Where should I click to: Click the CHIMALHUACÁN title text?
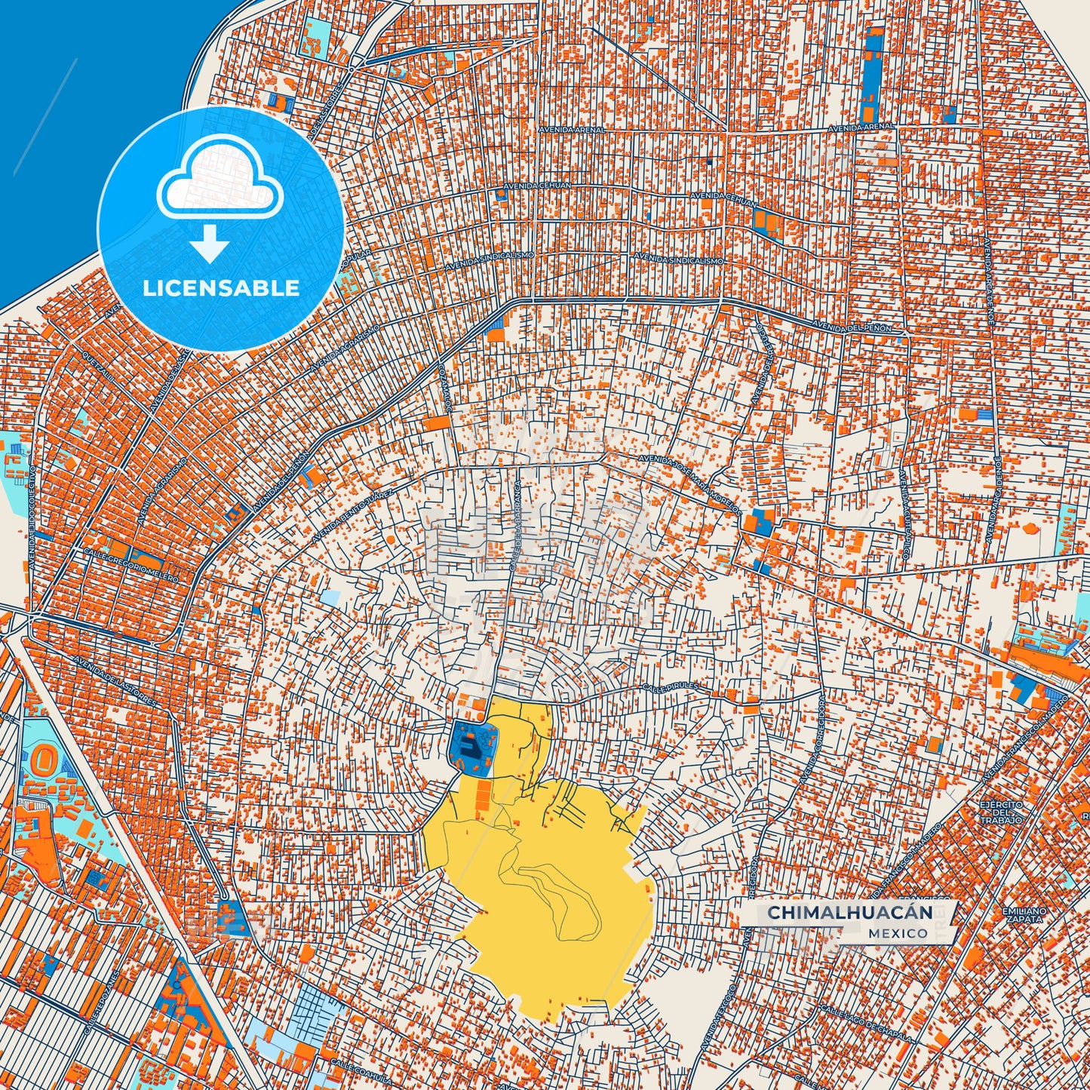(x=849, y=913)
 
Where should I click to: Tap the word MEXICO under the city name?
(x=898, y=933)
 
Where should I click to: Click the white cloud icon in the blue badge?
(x=220, y=184)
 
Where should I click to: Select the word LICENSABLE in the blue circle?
(x=221, y=288)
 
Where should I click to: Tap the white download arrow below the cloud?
(x=210, y=244)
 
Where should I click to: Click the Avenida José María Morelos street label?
(x=688, y=483)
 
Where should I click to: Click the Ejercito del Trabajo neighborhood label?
(x=1001, y=812)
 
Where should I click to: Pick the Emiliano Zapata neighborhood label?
(x=1024, y=915)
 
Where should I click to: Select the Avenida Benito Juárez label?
(x=352, y=516)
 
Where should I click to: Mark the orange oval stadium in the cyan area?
(x=41, y=755)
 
